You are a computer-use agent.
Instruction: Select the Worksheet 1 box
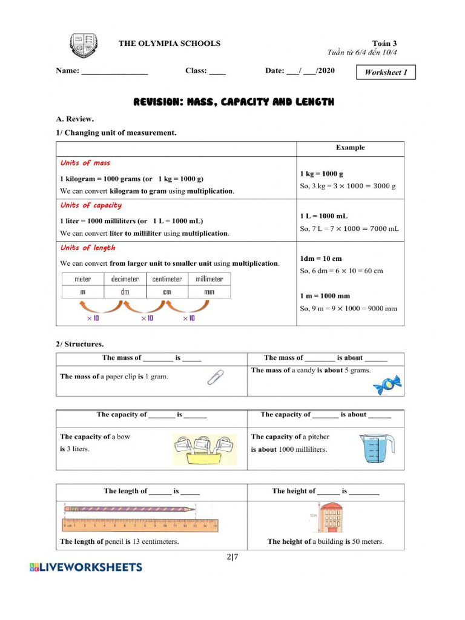coord(386,73)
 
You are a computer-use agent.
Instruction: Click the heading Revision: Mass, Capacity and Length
coord(233,102)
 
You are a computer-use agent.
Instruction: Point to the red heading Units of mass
coord(85,163)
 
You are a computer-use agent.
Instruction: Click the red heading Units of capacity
coord(91,205)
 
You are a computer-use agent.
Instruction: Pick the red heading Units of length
coord(88,248)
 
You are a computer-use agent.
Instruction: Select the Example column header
coord(350,148)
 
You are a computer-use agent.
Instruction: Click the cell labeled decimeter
coord(125,279)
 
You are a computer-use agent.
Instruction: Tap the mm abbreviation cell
coord(209,292)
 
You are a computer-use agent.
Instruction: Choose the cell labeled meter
coord(83,279)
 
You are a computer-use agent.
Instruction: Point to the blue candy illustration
coord(387,384)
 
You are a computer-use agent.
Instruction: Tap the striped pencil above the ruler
coord(130,510)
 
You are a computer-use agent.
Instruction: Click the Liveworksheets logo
coord(86,567)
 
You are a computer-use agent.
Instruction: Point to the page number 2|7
coord(232,557)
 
